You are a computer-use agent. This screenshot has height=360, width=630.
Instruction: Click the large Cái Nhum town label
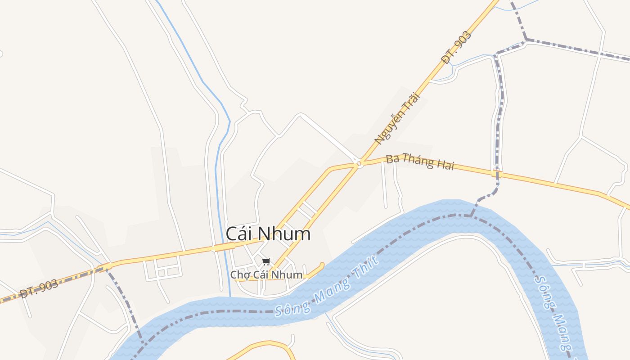click(268, 234)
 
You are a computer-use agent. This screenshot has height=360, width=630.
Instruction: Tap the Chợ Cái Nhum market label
click(266, 274)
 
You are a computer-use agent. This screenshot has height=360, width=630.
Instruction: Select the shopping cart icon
click(266, 261)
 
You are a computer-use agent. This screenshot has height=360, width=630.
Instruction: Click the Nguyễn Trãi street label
click(397, 118)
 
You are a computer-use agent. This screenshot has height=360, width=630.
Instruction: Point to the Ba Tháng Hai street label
click(420, 162)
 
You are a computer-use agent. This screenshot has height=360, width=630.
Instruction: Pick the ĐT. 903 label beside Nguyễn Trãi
click(456, 47)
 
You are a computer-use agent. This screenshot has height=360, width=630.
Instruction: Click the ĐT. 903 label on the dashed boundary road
click(39, 289)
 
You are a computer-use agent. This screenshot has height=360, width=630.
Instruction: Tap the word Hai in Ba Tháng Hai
click(444, 166)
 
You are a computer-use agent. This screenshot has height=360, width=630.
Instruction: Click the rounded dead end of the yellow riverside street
click(322, 265)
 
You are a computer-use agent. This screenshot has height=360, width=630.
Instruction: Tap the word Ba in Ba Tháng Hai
click(392, 158)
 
